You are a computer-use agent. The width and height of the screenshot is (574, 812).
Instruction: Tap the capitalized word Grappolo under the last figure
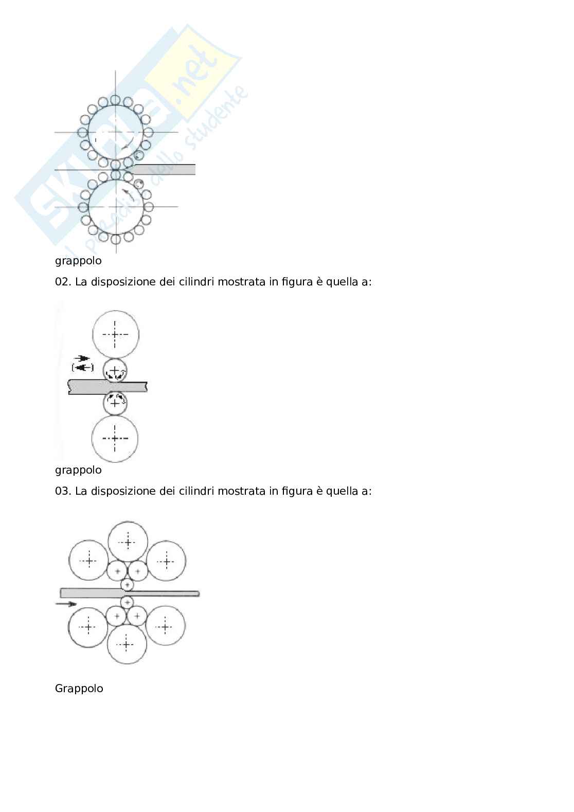pyautogui.click(x=79, y=689)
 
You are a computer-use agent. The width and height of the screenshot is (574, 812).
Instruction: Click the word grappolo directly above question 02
pyautogui.click(x=78, y=261)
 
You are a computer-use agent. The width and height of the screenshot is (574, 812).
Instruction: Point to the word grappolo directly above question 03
pyautogui.click(x=78, y=470)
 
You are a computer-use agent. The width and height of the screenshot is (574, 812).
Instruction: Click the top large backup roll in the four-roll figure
pyautogui.click(x=115, y=334)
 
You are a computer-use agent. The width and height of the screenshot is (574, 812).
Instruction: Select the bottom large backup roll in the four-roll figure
pyautogui.click(x=115, y=439)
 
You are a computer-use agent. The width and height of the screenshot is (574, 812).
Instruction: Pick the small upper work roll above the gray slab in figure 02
pyautogui.click(x=115, y=370)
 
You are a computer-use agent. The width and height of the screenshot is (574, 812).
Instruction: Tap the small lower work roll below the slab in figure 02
pyautogui.click(x=115, y=403)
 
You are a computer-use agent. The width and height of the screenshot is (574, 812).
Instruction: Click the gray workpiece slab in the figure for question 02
pyautogui.click(x=107, y=387)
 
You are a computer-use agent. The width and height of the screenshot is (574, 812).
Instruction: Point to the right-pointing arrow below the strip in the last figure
pyautogui.click(x=65, y=604)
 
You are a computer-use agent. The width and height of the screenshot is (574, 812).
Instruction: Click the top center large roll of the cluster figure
pyautogui.click(x=128, y=542)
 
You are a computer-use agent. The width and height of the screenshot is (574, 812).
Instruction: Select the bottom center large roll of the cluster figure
pyautogui.click(x=127, y=644)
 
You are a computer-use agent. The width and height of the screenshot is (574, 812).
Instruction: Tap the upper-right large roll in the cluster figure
pyautogui.click(x=166, y=561)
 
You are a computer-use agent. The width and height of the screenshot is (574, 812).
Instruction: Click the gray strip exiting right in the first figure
pyautogui.click(x=165, y=170)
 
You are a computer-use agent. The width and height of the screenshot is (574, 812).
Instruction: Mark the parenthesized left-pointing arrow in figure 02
pyautogui.click(x=83, y=367)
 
